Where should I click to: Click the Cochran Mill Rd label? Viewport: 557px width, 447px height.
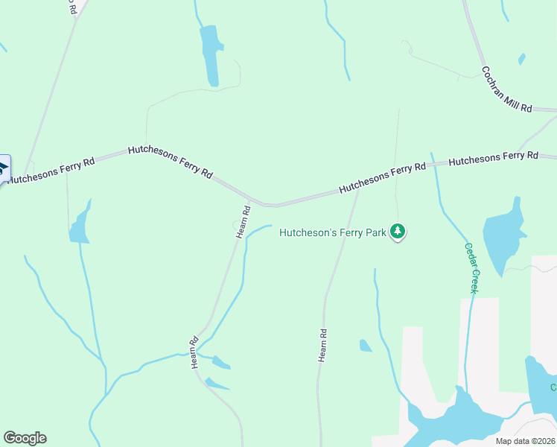pyautogui.click(x=506, y=89)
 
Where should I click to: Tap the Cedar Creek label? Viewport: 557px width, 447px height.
pyautogui.click(x=471, y=267)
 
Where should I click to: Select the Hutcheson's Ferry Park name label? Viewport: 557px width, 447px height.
pyautogui.click(x=333, y=232)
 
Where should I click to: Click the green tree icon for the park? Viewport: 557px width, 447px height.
pyautogui.click(x=398, y=232)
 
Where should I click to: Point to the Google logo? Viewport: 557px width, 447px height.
pyautogui.click(x=25, y=438)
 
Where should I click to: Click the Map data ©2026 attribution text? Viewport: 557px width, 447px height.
pyautogui.click(x=525, y=441)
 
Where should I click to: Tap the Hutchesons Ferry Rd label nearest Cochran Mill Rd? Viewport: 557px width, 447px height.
pyautogui.click(x=493, y=158)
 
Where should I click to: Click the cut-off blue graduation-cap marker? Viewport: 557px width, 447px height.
pyautogui.click(x=3, y=168)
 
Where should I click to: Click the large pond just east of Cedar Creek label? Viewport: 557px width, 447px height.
pyautogui.click(x=503, y=235)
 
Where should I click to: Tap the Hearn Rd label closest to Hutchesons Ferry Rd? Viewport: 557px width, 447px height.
pyautogui.click(x=242, y=221)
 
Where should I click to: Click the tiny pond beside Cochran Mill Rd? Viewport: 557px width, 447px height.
pyautogui.click(x=521, y=59)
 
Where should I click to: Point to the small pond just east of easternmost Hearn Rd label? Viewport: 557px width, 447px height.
pyautogui.click(x=365, y=346)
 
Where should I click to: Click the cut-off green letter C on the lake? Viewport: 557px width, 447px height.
pyautogui.click(x=553, y=387)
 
